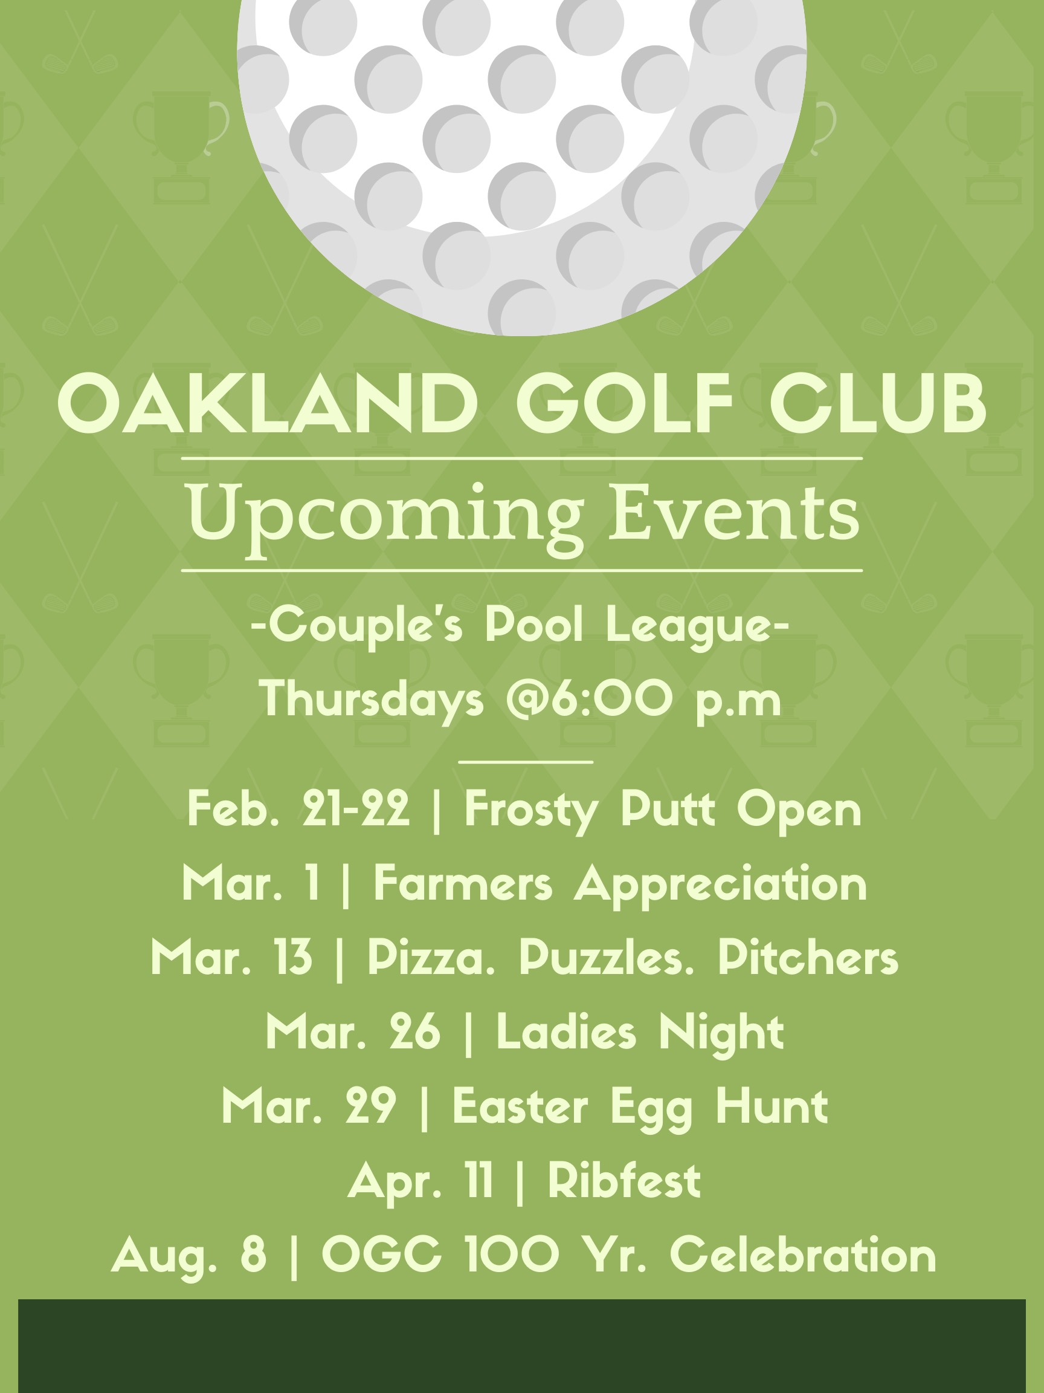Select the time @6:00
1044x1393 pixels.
click(589, 699)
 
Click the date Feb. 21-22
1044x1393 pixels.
click(298, 808)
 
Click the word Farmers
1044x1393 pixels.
click(463, 883)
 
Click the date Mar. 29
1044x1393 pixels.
click(309, 1106)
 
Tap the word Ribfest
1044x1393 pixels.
click(624, 1180)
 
